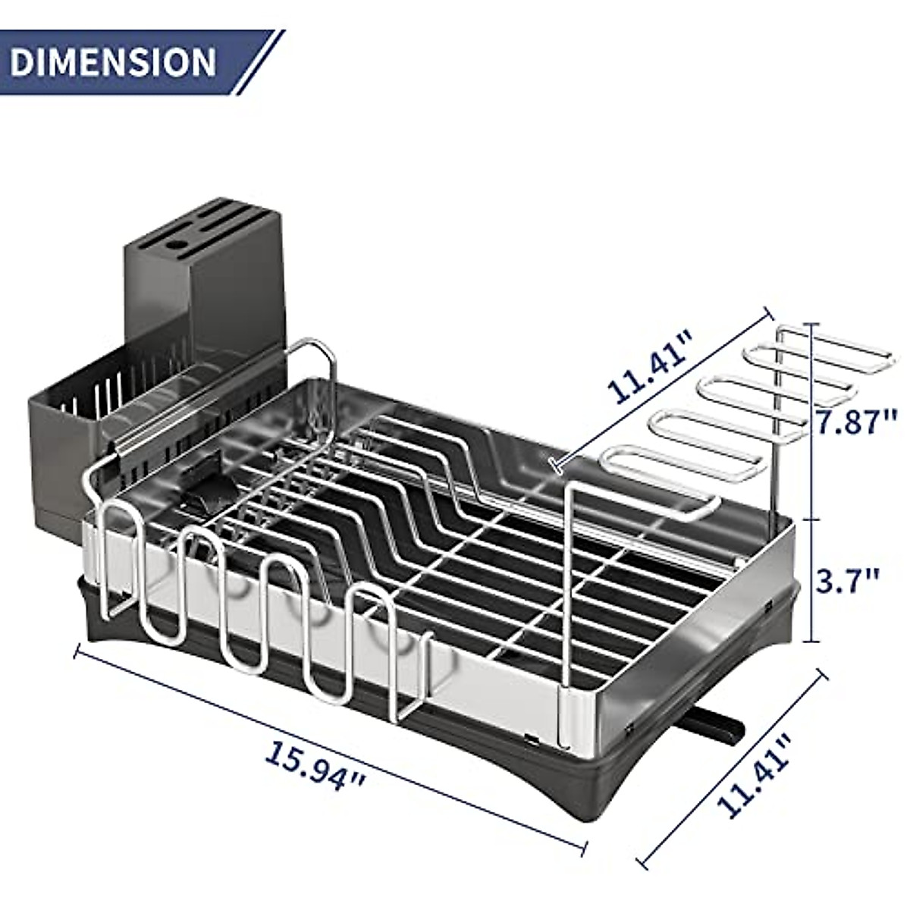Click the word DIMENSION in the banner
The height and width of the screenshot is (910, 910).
coord(114,62)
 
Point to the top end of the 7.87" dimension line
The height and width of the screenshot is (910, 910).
coord(813,324)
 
